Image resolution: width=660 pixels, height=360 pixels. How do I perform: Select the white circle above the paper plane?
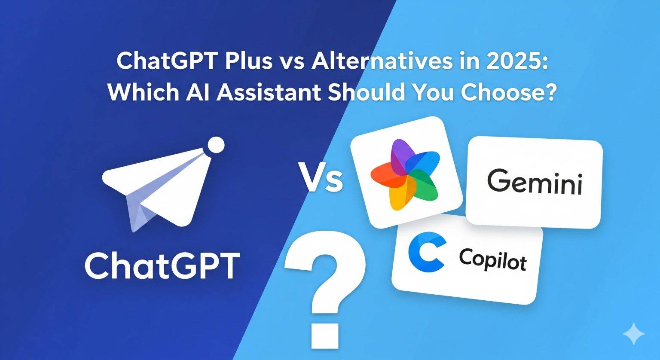tap(216, 145)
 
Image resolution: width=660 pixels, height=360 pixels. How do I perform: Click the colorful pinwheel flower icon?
tap(404, 174)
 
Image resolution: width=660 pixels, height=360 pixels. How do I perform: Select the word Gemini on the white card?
tap(535, 183)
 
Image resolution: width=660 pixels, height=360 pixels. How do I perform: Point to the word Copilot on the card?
tap(492, 259)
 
